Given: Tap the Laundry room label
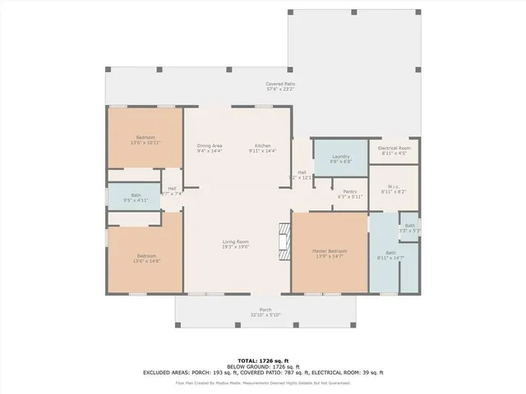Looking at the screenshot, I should pyautogui.click(x=341, y=158).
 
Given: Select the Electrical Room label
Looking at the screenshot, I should pyautogui.click(x=392, y=150).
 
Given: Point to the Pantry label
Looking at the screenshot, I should pyautogui.click(x=349, y=194).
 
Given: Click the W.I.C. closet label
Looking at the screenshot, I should pyautogui.click(x=392, y=189).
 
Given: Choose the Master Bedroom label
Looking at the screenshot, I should pyautogui.click(x=329, y=253).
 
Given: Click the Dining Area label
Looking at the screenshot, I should pyautogui.click(x=210, y=148).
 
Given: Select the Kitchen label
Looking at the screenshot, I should pyautogui.click(x=263, y=148).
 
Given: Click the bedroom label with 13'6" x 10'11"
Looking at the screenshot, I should pyautogui.click(x=145, y=140).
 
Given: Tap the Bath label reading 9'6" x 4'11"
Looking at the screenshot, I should pyautogui.click(x=136, y=198).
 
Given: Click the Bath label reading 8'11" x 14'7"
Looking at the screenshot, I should pyautogui.click(x=383, y=255).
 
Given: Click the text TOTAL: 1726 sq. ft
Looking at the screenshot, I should pyautogui.click(x=263, y=360).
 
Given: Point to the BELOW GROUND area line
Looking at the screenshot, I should pyautogui.click(x=263, y=366).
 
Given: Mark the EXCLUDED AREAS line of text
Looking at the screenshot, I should pyautogui.click(x=263, y=373).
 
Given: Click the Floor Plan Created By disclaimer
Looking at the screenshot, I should pyautogui.click(x=263, y=383).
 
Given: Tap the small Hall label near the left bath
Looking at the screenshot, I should pyautogui.click(x=173, y=190).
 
